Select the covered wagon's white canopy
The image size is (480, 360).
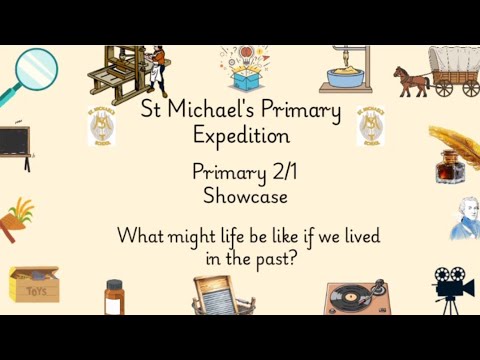coord(453,61)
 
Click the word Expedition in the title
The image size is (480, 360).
coord(241,133)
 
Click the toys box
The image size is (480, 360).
coord(33,285)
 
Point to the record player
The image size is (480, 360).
coord(357,297)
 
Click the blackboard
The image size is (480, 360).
coord(12,143)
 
